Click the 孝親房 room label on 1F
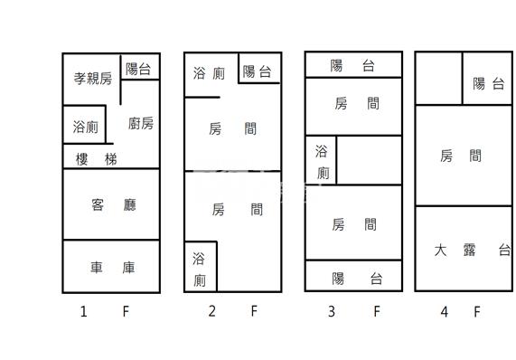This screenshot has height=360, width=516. (93, 79)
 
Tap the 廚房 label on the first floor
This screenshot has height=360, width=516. (141, 123)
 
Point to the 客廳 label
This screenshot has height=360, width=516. (113, 205)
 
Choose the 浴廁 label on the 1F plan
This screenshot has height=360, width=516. (86, 128)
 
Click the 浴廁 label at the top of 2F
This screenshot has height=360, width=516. (209, 73)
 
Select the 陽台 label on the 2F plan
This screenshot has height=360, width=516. (258, 72)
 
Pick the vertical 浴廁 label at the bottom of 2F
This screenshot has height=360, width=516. (199, 270)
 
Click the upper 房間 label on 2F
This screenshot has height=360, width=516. (232, 128)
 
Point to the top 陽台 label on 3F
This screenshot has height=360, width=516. (352, 65)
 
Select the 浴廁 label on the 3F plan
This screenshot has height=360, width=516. (321, 162)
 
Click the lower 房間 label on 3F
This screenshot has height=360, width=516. (354, 224)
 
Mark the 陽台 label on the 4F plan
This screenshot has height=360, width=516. (488, 84)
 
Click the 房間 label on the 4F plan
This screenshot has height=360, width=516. (461, 156)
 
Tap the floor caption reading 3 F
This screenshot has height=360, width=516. (353, 312)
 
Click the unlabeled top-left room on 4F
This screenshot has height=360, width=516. (438, 79)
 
